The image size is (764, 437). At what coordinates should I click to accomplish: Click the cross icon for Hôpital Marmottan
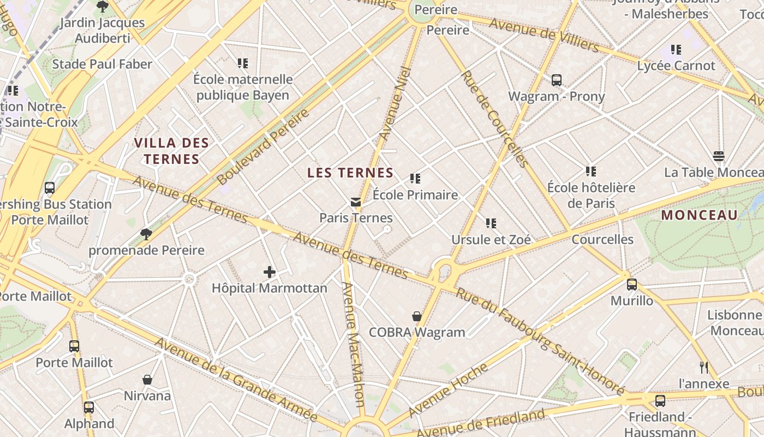point(269,271)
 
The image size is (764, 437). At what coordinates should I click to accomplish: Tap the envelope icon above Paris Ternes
point(356,202)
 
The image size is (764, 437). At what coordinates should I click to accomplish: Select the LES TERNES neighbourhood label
point(350,173)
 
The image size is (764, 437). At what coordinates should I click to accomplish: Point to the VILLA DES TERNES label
point(171,151)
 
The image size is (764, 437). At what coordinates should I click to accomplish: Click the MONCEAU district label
point(699,215)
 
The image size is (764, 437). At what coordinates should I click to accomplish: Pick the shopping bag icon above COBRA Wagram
point(417,316)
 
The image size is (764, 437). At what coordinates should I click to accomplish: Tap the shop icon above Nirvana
point(147,380)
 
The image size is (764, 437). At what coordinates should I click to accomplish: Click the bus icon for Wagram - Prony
point(556,80)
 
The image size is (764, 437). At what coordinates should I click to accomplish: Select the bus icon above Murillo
point(631,285)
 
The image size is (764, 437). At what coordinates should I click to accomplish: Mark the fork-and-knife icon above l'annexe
point(704,367)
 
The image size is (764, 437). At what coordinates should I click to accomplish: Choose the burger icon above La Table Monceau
point(719,156)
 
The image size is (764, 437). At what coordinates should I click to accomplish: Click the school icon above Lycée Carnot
point(676,50)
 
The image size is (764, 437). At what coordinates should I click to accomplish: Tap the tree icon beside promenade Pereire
point(146,234)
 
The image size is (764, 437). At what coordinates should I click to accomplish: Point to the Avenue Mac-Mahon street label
point(353,344)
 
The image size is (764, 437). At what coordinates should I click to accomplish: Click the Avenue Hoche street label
point(448,389)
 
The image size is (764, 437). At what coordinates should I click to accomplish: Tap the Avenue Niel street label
point(395,104)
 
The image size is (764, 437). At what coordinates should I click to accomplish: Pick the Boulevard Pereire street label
point(263,146)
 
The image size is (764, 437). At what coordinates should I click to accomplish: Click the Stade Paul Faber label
point(102,64)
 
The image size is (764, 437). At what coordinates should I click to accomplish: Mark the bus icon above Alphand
point(88,407)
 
